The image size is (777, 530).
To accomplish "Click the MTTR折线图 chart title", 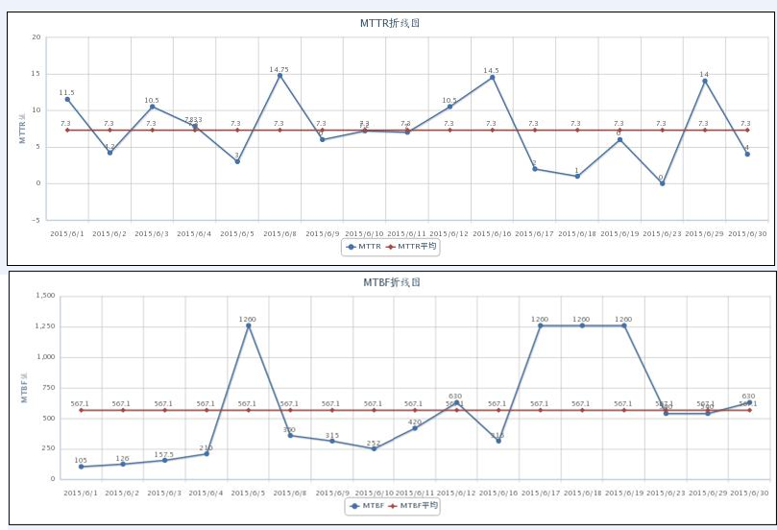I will (388, 23).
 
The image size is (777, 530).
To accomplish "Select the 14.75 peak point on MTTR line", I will (279, 76).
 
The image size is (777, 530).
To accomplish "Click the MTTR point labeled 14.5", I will (493, 77).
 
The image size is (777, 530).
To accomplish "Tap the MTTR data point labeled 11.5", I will (67, 99).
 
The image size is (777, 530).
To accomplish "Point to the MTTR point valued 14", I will (705, 81).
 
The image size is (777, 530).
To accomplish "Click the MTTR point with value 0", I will (662, 182).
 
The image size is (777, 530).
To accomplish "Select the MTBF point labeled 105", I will (81, 467).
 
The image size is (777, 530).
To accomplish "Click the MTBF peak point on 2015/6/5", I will (248, 325).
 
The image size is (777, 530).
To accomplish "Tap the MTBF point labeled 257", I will (374, 448).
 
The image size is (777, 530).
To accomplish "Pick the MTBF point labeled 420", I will (415, 428).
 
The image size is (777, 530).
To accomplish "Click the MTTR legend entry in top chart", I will (363, 247).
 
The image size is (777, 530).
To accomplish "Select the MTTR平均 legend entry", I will (411, 247).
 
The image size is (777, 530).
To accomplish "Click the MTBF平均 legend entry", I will (413, 505).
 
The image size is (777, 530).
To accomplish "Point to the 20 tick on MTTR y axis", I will (36, 37).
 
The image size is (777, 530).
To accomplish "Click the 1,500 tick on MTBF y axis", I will (45, 296).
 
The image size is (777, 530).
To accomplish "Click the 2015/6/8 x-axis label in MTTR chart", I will (279, 233).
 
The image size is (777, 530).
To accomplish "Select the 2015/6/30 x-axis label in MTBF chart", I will (748, 492).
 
